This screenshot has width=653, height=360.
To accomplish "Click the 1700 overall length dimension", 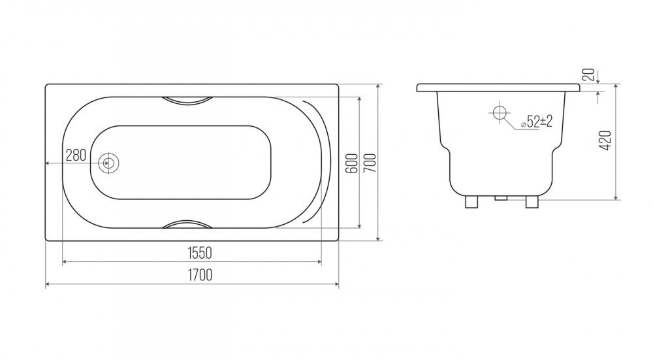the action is point(200,275).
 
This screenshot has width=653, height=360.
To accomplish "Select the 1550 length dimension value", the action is point(200,253).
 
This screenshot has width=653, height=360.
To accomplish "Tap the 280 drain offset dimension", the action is point(76,155).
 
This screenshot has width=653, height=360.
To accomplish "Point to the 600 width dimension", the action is point(352,163).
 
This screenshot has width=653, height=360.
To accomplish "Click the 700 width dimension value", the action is point(370,163).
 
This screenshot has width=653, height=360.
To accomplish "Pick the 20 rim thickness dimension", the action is point(588,75).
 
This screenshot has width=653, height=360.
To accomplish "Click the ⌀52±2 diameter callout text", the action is point(537,122).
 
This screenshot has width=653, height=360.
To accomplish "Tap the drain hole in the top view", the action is point(108,163).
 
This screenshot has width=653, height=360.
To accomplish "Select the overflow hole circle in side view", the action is point(500,112).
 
